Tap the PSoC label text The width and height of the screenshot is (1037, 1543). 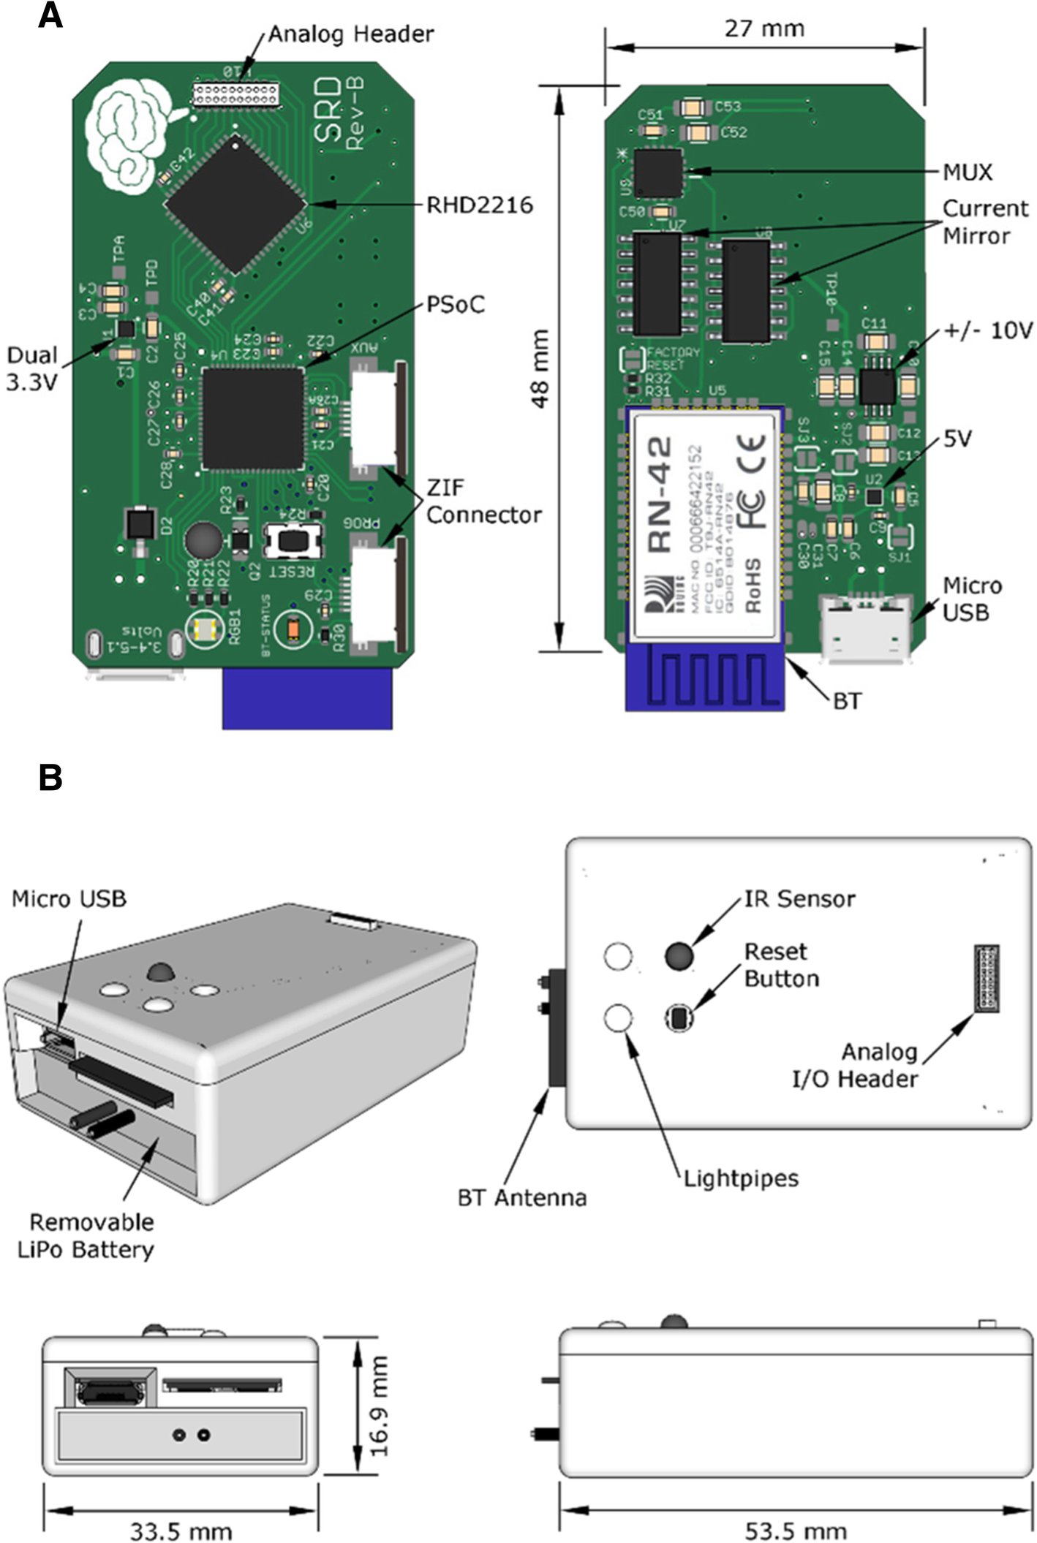(455, 304)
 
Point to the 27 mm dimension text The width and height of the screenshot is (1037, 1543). (764, 29)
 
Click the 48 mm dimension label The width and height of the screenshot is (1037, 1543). (540, 368)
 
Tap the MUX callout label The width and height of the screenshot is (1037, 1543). (967, 173)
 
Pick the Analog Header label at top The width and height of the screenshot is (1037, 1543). (350, 34)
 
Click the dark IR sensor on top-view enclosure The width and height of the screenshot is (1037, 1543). (679, 955)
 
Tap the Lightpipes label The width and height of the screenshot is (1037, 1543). (740, 1178)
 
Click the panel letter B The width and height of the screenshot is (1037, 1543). (50, 778)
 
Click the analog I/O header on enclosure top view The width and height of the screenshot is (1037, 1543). (987, 979)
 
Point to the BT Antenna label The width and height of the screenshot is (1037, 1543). (521, 1198)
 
